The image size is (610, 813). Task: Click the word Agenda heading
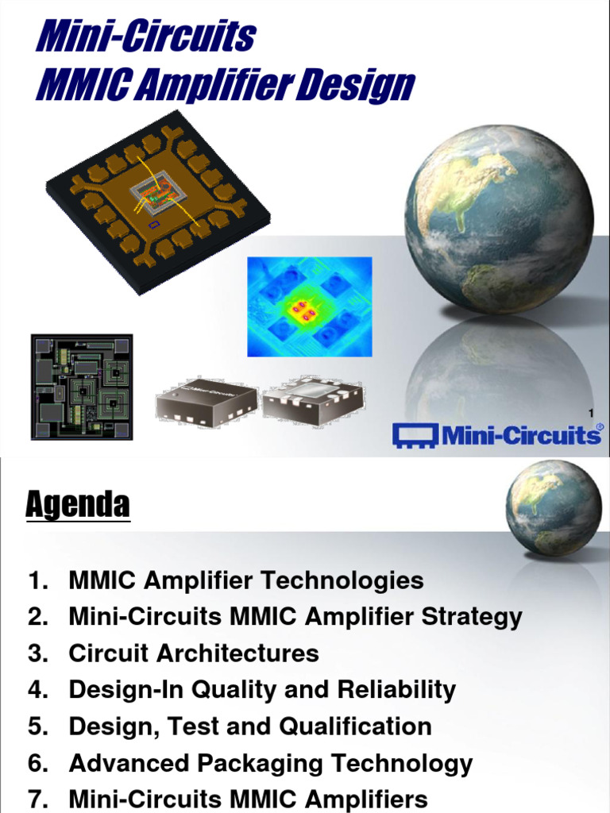click(x=77, y=504)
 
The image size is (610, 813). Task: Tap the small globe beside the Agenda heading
click(x=554, y=507)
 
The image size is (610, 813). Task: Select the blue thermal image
click(x=309, y=306)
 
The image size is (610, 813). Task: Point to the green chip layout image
click(x=82, y=387)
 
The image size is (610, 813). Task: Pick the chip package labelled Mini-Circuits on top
click(x=206, y=399)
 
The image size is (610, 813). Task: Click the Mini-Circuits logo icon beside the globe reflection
click(x=417, y=435)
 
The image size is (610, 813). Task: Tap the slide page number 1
click(x=591, y=412)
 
